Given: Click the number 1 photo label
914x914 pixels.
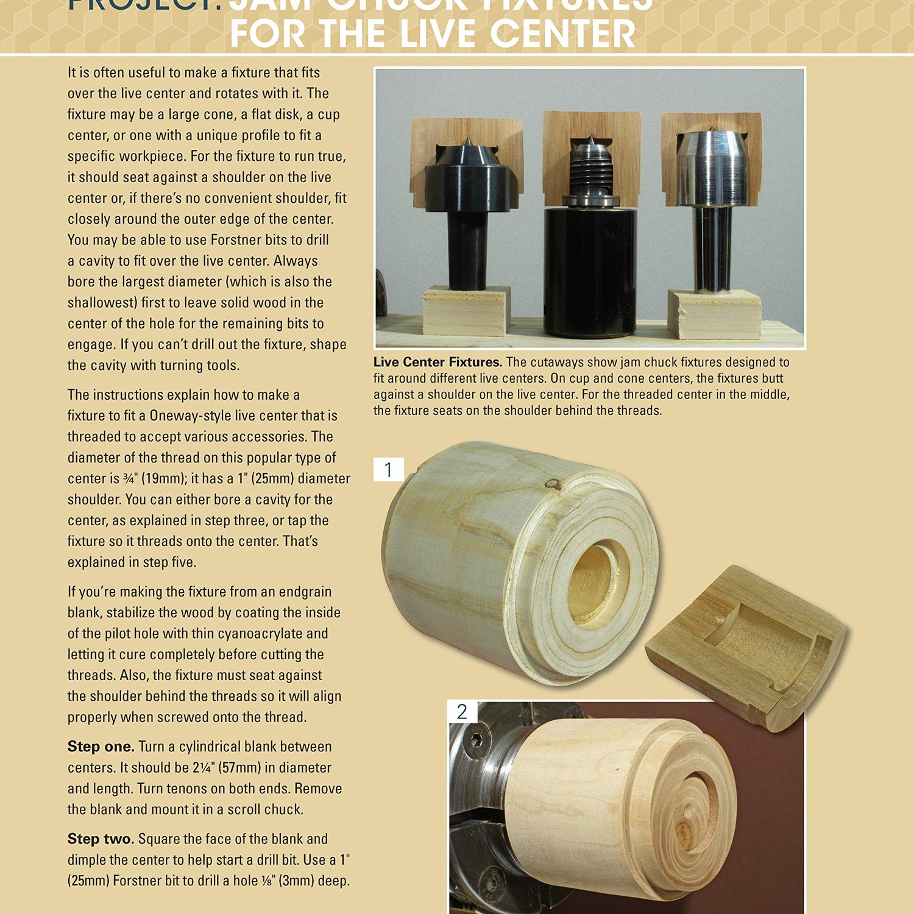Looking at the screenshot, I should (x=388, y=470).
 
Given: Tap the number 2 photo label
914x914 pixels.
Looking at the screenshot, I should (x=462, y=712).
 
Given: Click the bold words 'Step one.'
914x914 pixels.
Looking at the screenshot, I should (x=101, y=746).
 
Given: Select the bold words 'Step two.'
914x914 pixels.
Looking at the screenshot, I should (x=101, y=839).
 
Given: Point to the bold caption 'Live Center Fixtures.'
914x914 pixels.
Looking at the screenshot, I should (x=438, y=363).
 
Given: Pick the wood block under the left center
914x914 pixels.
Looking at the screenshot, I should (x=467, y=311).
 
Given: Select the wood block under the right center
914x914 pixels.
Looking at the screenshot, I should (x=714, y=314).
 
